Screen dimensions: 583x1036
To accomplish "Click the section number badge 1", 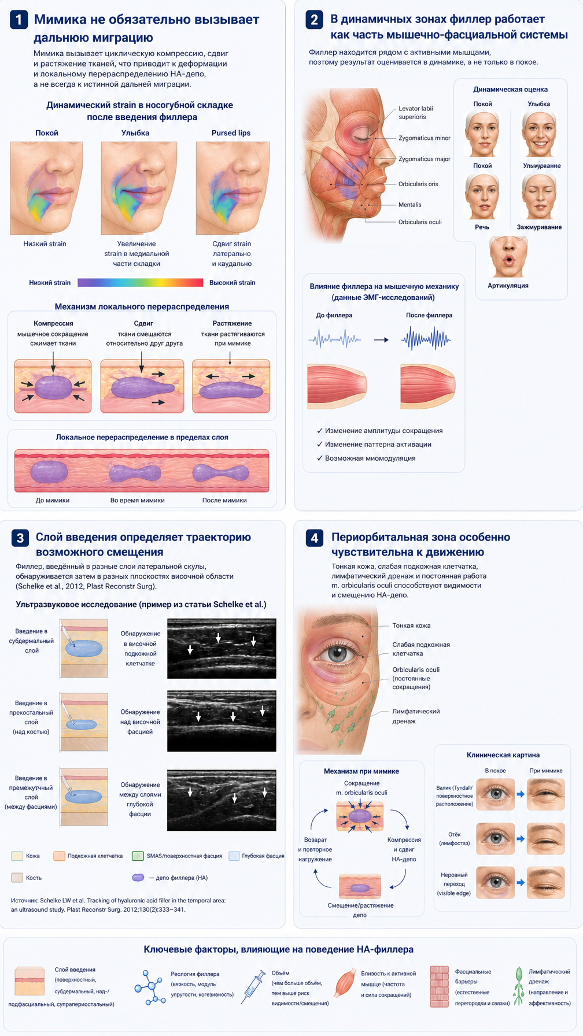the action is [x=19, y=20].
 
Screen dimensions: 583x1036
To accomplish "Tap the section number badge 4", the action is [x=314, y=538].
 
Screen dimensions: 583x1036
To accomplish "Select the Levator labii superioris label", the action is [x=415, y=113].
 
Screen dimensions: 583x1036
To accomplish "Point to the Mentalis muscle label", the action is [x=409, y=205].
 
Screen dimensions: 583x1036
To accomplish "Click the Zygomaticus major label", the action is [x=424, y=159].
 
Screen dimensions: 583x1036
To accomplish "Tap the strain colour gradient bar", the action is [x=140, y=283].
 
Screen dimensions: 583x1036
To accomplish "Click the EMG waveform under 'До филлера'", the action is [x=334, y=339].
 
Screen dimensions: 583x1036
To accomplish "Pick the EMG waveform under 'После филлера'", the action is [x=426, y=339].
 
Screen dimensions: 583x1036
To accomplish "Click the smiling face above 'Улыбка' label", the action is [x=539, y=134].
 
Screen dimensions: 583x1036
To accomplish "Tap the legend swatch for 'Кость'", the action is [x=17, y=878].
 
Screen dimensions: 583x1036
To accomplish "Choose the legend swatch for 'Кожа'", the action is [x=17, y=856].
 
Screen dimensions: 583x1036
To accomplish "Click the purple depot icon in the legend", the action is [x=138, y=878].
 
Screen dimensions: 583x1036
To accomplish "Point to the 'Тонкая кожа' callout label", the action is [x=411, y=626].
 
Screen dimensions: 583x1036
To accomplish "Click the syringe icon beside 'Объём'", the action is [x=253, y=990].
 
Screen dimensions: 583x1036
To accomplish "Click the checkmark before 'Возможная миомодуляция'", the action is [x=319, y=458].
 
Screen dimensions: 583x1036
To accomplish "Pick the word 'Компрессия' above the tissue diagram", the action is [x=53, y=323].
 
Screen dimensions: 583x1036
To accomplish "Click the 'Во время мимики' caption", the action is [x=138, y=500].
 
